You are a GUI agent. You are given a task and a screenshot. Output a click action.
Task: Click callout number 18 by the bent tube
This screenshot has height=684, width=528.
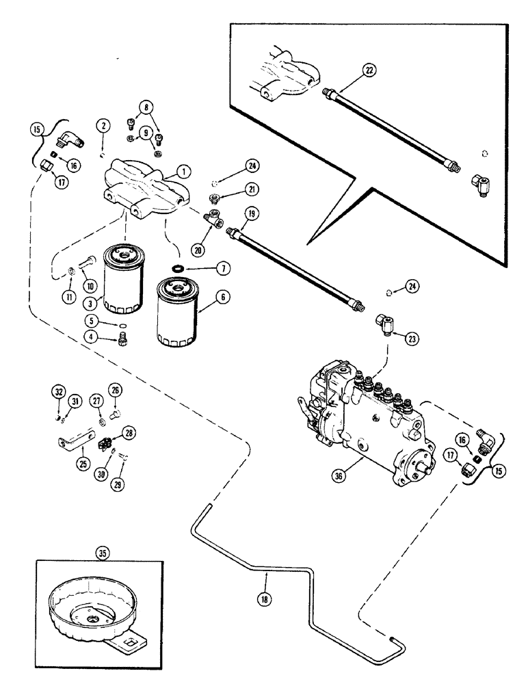click(266, 596)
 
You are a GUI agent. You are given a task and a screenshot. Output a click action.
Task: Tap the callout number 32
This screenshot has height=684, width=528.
click(58, 392)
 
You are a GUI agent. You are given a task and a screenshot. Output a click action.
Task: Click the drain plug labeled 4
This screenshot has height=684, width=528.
click(124, 336)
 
